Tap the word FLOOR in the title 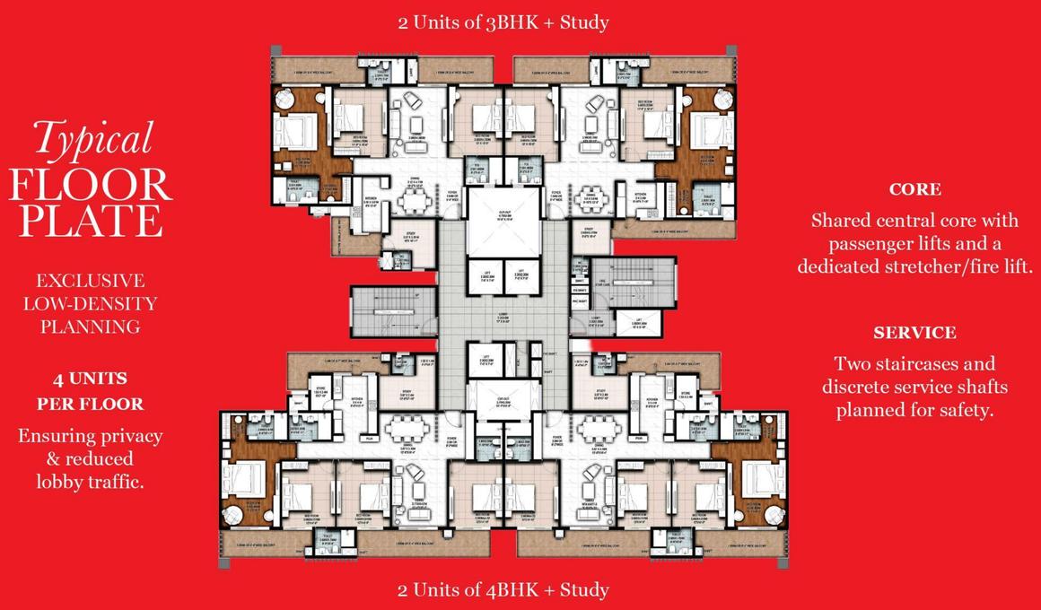coord(90,184)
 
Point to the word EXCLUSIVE coord(90,282)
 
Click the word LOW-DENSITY coord(90,304)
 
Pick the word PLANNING coord(90,327)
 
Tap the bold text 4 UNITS coord(90,379)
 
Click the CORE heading coord(914,189)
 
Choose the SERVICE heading coord(914,333)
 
